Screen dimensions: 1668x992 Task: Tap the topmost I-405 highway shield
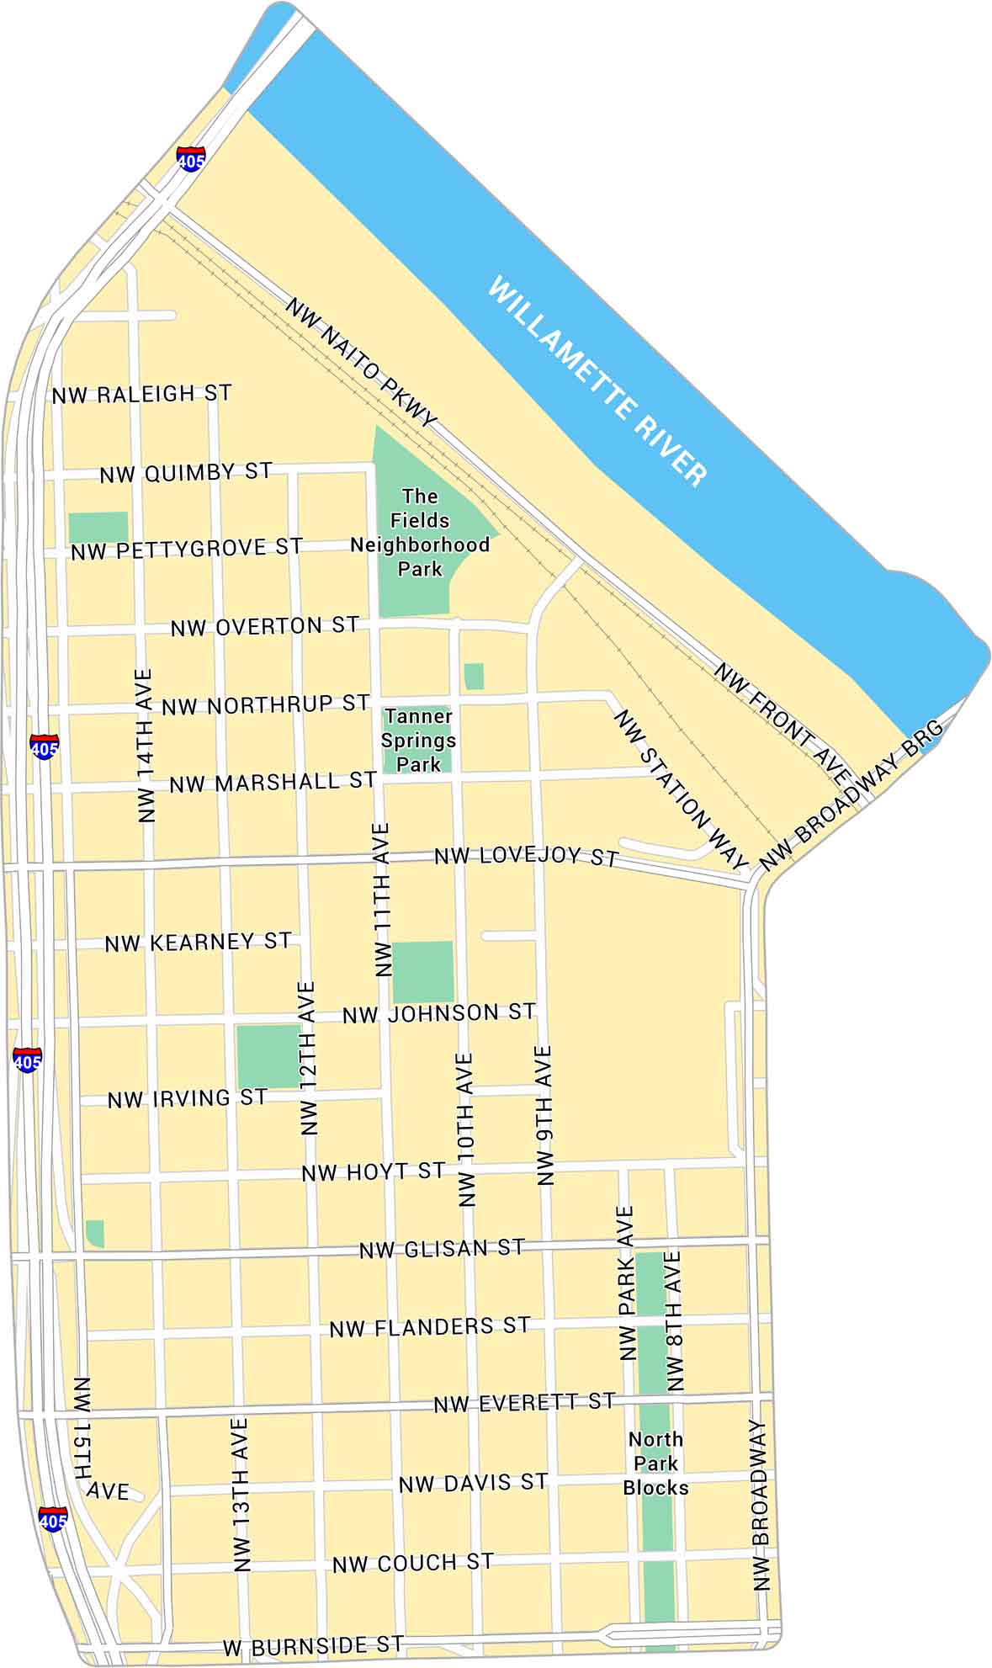(191, 158)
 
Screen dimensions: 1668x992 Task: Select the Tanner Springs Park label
(418, 741)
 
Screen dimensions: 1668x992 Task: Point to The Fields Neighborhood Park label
(420, 533)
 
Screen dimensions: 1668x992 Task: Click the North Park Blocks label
(655, 1463)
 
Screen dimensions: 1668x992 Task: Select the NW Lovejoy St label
(526, 857)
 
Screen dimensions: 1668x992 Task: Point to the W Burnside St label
(313, 1644)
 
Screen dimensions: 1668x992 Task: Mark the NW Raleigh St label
(142, 394)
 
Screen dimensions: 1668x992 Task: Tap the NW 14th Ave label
(146, 746)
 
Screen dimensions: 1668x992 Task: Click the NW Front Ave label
(782, 720)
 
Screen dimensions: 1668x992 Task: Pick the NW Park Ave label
(626, 1283)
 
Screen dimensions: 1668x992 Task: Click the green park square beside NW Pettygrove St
(98, 527)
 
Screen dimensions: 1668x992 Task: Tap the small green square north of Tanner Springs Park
(474, 676)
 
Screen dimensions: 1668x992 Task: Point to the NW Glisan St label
(442, 1249)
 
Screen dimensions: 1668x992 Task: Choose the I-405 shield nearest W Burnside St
(53, 1519)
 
